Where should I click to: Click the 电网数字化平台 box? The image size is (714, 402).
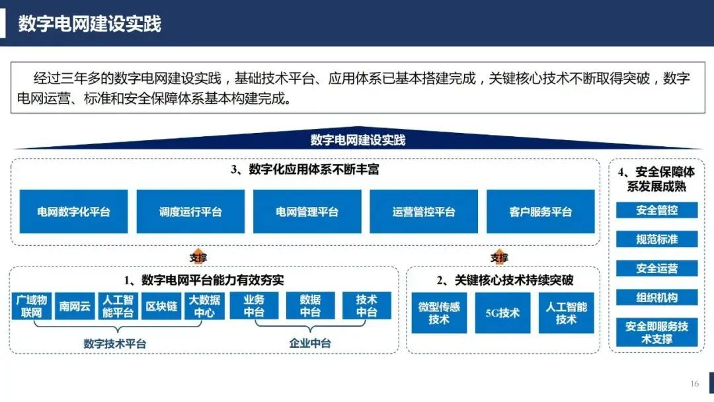pos(73,212)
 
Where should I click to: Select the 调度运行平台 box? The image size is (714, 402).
pos(190,212)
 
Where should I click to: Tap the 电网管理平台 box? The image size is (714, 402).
pos(307,212)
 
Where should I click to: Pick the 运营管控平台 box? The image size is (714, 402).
pos(424,212)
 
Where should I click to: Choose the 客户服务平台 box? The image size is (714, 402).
pos(541,212)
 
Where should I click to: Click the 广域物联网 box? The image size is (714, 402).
pos(32,306)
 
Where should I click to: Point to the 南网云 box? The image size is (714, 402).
pos(75,306)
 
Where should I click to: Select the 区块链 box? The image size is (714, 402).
pos(161,306)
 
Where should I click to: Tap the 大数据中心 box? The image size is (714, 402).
pos(204,306)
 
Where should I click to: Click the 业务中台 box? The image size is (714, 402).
pos(254,305)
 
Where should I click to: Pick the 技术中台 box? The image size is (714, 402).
pos(366,305)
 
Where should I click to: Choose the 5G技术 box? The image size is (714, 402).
pos(502,313)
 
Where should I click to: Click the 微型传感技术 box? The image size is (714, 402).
pos(439,313)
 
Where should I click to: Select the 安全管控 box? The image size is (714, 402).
pos(656,210)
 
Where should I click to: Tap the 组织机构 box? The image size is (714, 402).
pos(656,298)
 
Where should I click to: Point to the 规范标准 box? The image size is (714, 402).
pos(656,239)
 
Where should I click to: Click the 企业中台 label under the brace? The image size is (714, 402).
pos(310,343)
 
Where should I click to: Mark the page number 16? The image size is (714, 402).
pos(694,383)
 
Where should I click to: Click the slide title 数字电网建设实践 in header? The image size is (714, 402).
pos(90,24)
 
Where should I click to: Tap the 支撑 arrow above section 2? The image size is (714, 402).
pos(499,257)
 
